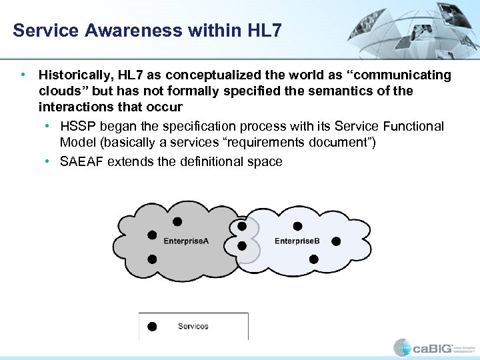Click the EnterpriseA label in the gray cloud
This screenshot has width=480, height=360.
pyautogui.click(x=187, y=241)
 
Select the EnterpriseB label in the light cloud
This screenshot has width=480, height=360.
pyautogui.click(x=297, y=241)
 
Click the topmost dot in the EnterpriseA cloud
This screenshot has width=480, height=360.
pyautogui.click(x=177, y=221)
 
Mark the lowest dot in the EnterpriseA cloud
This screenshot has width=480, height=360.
pyautogui.click(x=152, y=259)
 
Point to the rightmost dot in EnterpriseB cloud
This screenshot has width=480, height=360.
pyautogui.click(x=337, y=241)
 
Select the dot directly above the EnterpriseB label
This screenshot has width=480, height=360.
pyautogui.click(x=297, y=226)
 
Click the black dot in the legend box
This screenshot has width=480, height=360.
pyautogui.click(x=152, y=326)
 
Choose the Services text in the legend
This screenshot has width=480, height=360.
pyautogui.click(x=193, y=326)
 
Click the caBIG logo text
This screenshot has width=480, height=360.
pyautogui.click(x=433, y=348)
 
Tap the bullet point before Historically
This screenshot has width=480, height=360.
pyautogui.click(x=24, y=75)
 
